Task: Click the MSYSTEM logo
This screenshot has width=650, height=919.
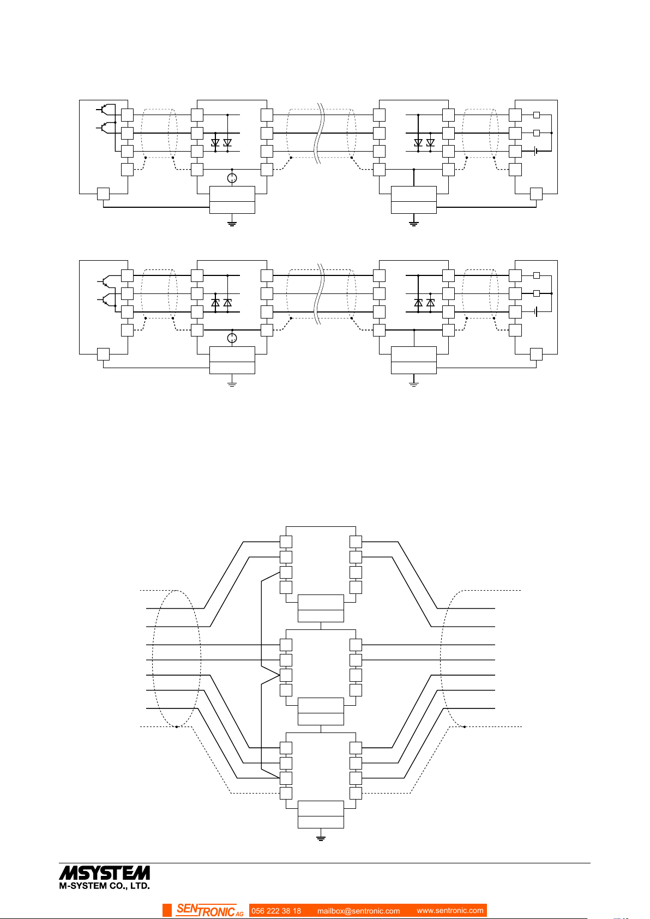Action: click(104, 872)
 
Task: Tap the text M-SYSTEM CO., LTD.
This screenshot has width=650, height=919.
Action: click(104, 886)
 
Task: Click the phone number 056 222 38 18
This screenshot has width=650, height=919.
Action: click(276, 911)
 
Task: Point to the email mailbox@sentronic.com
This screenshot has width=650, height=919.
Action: click(358, 911)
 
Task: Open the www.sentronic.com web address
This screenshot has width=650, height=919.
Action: click(450, 910)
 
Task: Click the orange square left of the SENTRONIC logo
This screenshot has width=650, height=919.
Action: click(167, 910)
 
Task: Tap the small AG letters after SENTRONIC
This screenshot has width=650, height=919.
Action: click(239, 914)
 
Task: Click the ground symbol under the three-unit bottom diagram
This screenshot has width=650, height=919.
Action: click(321, 838)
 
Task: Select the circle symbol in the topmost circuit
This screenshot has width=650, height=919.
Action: click(232, 178)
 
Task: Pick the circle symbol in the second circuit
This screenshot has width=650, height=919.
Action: click(232, 339)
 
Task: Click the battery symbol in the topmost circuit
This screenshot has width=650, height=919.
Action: click(536, 151)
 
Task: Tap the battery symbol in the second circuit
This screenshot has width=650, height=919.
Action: click(536, 311)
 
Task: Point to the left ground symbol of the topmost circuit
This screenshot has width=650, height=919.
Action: click(232, 223)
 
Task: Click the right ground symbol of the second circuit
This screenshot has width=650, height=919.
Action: click(413, 383)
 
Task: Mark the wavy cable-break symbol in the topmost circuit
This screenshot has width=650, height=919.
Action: click(322, 133)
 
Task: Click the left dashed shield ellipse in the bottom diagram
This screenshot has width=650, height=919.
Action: click(177, 658)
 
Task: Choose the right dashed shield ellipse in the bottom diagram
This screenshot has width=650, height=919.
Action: click(464, 658)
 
